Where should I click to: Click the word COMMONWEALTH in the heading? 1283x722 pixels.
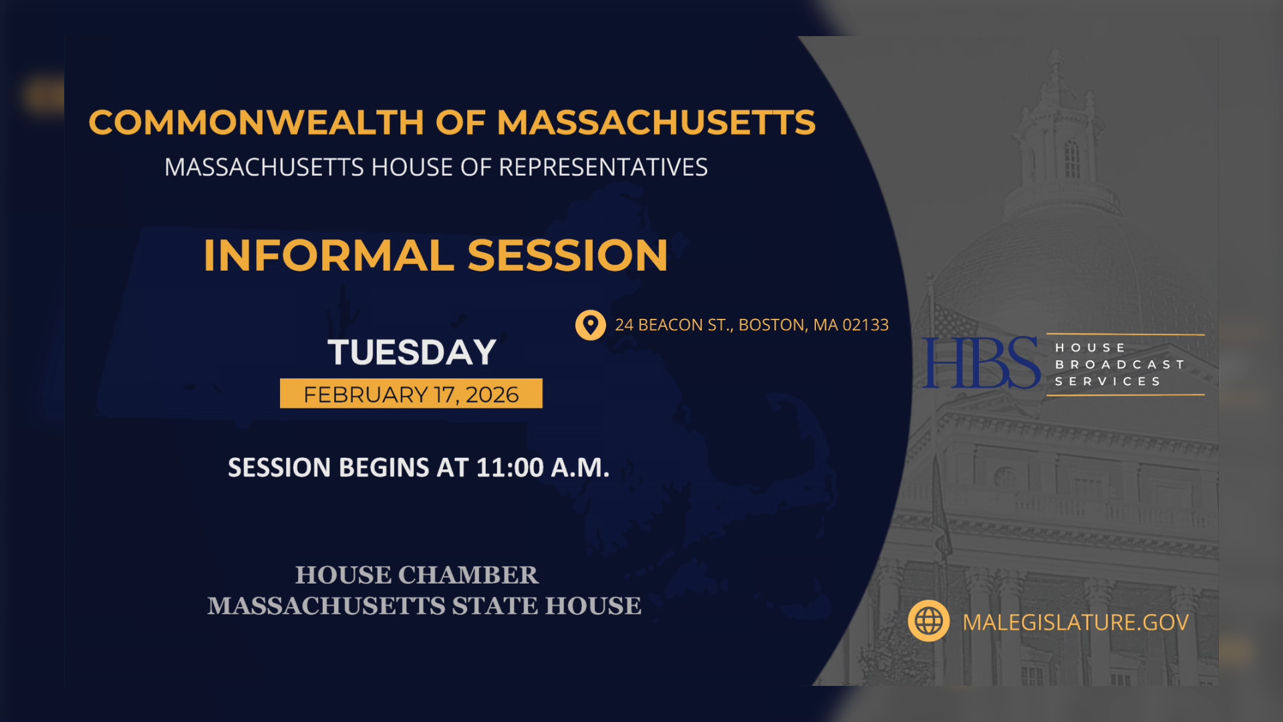(x=256, y=123)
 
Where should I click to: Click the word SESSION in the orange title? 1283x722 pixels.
(x=567, y=255)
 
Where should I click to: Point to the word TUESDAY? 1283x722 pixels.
(x=412, y=352)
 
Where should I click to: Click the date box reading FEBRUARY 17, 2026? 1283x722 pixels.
(x=411, y=394)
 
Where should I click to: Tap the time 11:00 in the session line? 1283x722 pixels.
(x=510, y=467)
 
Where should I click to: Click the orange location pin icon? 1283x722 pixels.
(x=590, y=325)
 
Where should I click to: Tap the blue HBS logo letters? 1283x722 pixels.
(x=980, y=363)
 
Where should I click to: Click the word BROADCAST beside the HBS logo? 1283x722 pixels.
(x=1119, y=364)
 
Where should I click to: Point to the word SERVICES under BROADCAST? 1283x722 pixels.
(x=1108, y=381)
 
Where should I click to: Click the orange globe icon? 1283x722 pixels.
(x=928, y=621)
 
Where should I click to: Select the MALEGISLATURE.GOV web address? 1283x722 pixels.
(x=1075, y=622)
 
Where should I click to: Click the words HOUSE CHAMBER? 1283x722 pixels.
(x=416, y=575)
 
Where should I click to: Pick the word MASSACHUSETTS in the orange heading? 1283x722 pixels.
(x=656, y=123)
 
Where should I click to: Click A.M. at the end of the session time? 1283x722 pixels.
(x=580, y=467)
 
